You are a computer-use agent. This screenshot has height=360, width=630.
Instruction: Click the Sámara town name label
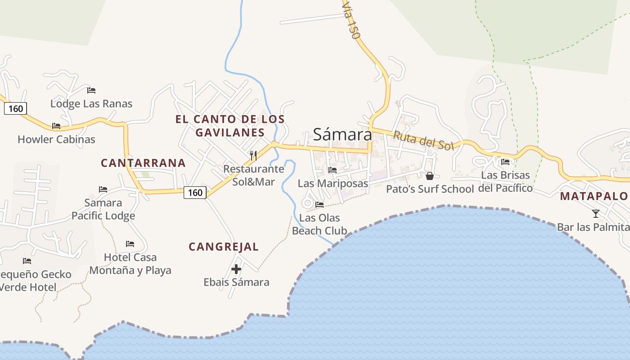[342, 134]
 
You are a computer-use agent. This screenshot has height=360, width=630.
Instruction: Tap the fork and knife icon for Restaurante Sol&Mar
[253, 156]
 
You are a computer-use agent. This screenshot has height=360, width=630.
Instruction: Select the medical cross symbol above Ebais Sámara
[236, 269]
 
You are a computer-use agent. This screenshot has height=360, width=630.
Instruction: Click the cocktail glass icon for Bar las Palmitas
[596, 214]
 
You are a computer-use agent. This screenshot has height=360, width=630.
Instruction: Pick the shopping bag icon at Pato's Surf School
[430, 175]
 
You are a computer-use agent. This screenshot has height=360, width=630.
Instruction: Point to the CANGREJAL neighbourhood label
[224, 247]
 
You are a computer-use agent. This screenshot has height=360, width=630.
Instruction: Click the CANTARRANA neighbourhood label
[143, 163]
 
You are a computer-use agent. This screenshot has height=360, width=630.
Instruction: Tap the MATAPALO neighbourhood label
[594, 196]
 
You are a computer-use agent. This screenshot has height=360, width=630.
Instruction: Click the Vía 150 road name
[351, 20]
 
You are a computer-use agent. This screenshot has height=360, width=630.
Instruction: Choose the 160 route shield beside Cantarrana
[195, 193]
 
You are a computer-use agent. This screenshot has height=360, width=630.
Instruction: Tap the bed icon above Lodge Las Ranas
[91, 90]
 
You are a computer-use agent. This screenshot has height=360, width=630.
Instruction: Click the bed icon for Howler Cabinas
[56, 126]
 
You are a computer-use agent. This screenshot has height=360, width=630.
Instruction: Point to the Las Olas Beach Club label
[319, 224]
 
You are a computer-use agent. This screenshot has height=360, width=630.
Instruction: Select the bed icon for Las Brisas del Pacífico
[505, 162]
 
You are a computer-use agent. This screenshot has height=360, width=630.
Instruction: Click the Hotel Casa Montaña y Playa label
[130, 264]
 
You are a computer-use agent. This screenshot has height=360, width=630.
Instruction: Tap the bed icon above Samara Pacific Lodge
[103, 189]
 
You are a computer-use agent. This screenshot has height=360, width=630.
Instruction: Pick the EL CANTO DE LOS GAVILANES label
[230, 126]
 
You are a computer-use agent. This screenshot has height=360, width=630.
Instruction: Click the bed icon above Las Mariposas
[333, 170]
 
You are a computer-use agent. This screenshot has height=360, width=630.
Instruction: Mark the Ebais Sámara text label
[236, 282]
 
